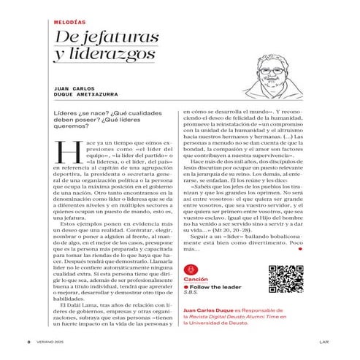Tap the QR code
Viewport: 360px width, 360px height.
click(284, 276)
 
